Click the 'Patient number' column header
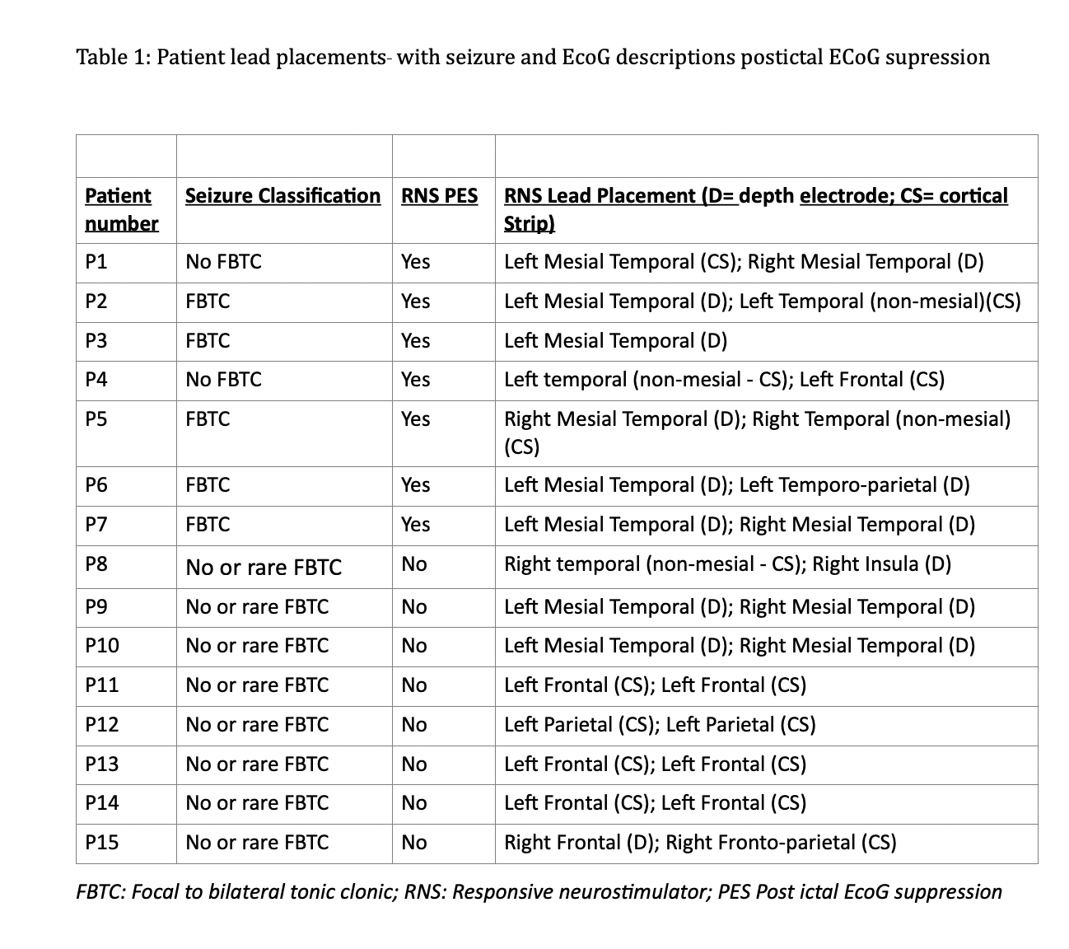pos(121,209)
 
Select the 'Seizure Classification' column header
pos(282,196)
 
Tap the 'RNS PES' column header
pos(439,196)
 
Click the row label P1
pos(96,262)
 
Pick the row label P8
pos(96,564)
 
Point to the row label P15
pos(101,842)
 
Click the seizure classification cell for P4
pos(223,380)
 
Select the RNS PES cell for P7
pos(415,525)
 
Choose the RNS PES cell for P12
pos(413,725)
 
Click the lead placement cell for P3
pos(615,341)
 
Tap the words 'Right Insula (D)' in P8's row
pos(881,564)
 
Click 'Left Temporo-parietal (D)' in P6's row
pos(854,485)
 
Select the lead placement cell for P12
pos(659,725)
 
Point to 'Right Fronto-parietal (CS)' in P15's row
pos(781,842)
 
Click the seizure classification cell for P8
pos(264,568)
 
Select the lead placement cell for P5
pos(756,432)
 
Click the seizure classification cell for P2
pos(208,302)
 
